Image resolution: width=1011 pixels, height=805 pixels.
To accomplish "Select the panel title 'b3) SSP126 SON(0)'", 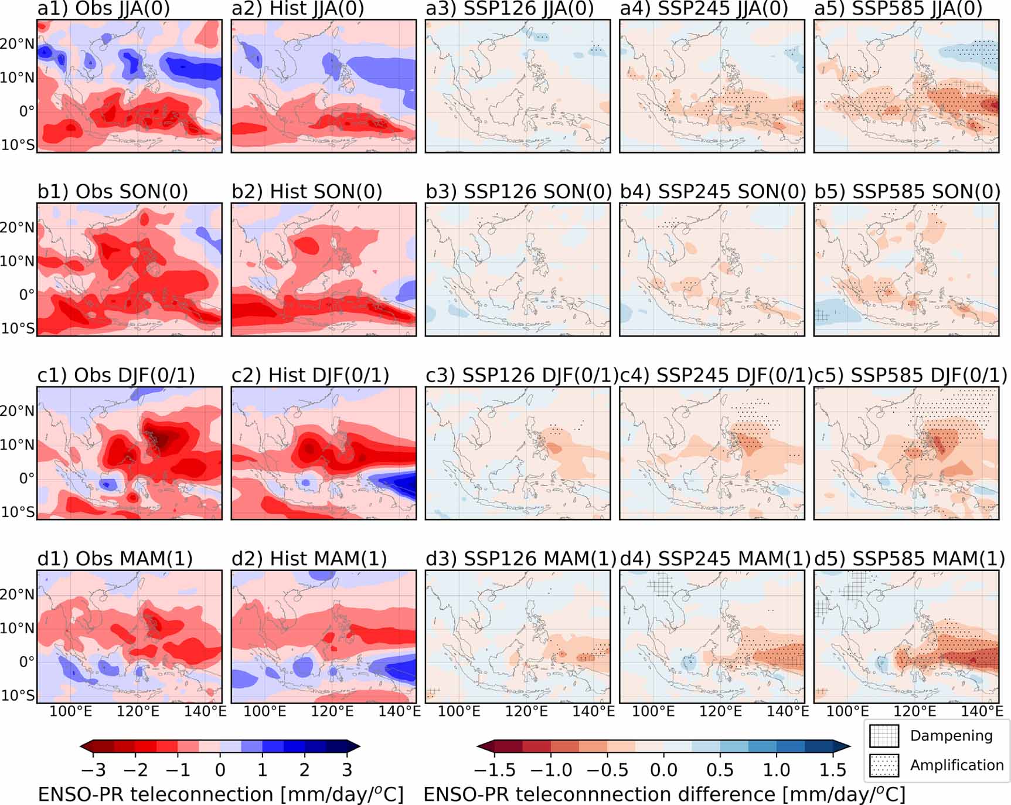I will (518, 192).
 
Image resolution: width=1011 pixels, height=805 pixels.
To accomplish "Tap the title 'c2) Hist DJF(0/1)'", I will (310, 375).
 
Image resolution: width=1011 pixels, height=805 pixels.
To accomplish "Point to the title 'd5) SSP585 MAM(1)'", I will (910, 559).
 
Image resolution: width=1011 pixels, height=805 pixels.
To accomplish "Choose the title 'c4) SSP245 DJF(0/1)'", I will (716, 375).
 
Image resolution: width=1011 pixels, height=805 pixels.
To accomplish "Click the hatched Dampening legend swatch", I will (884, 736).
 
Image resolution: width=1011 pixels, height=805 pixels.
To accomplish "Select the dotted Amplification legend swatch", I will (884, 765).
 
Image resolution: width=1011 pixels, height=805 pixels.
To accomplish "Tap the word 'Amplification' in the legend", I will (956, 765).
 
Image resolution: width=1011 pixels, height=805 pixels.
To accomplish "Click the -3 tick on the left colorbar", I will (93, 769).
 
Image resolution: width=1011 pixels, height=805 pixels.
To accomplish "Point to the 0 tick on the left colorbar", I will (220, 769).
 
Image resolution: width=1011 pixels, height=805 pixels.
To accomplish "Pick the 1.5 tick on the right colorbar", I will (833, 769).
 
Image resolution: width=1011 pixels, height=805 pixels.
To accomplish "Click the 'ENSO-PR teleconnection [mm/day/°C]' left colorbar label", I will (220, 794).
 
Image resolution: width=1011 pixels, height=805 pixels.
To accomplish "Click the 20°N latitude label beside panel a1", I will (18, 44).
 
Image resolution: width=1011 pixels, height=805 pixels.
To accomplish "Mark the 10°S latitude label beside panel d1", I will (18, 695).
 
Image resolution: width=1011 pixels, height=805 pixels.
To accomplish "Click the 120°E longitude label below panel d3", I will (526, 712).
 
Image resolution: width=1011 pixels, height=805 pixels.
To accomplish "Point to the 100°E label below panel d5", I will (847, 712).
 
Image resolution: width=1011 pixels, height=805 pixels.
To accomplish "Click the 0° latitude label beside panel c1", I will (26, 478).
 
